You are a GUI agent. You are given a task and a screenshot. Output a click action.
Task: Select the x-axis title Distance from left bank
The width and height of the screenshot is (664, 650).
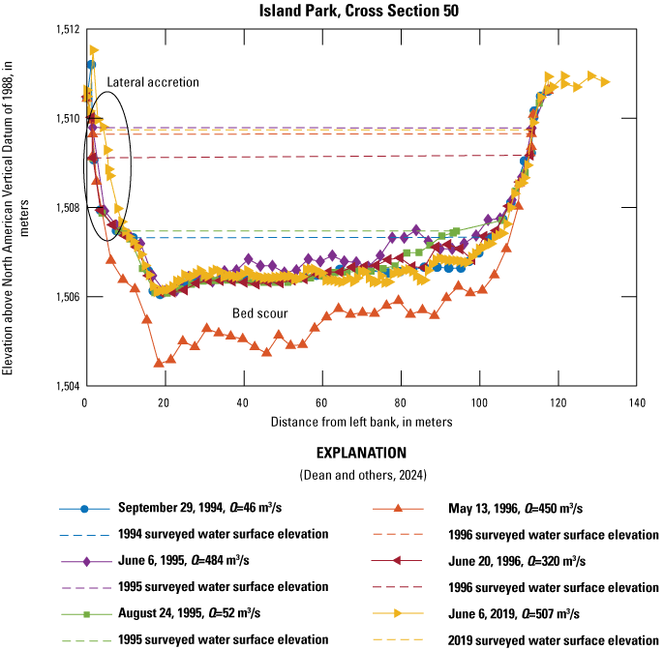(x=359, y=421)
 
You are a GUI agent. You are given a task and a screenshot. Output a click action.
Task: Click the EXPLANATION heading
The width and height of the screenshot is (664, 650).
(x=359, y=452)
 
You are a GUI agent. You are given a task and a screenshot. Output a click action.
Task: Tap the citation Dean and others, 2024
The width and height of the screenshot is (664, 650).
(x=359, y=474)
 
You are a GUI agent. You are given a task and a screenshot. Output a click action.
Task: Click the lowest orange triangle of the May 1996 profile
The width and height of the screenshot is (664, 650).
(x=159, y=363)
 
